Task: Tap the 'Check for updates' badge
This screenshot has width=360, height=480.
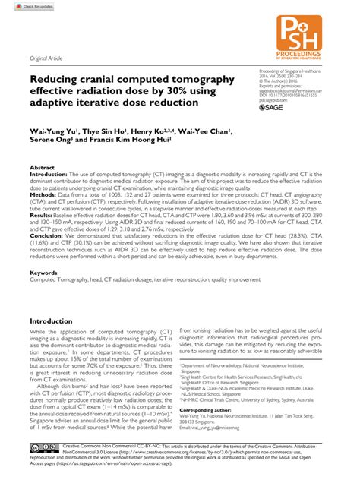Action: coord(24,5)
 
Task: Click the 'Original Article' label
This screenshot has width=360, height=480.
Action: coord(45,58)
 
